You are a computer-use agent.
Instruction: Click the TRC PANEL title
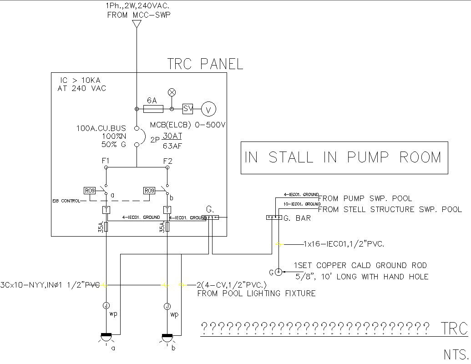point(205,64)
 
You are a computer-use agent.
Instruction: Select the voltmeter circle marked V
point(209,109)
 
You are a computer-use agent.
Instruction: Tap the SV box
point(188,109)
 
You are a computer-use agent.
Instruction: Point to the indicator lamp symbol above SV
point(172,93)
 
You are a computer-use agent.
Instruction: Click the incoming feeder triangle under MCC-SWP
point(136,24)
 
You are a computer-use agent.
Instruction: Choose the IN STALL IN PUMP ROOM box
point(344,157)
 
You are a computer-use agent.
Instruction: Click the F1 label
point(106,162)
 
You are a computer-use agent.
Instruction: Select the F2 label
point(167,162)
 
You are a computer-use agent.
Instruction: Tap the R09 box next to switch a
point(89,191)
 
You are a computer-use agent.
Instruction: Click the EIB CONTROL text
point(66,201)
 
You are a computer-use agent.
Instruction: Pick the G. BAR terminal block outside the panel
point(274,217)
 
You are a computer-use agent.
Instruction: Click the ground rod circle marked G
point(278,272)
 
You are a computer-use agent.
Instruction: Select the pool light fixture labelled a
point(106,337)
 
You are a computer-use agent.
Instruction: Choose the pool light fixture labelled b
point(167,337)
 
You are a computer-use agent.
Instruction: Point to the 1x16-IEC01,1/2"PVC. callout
point(344,244)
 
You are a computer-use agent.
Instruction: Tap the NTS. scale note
point(456,354)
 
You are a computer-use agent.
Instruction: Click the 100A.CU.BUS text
point(101,129)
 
